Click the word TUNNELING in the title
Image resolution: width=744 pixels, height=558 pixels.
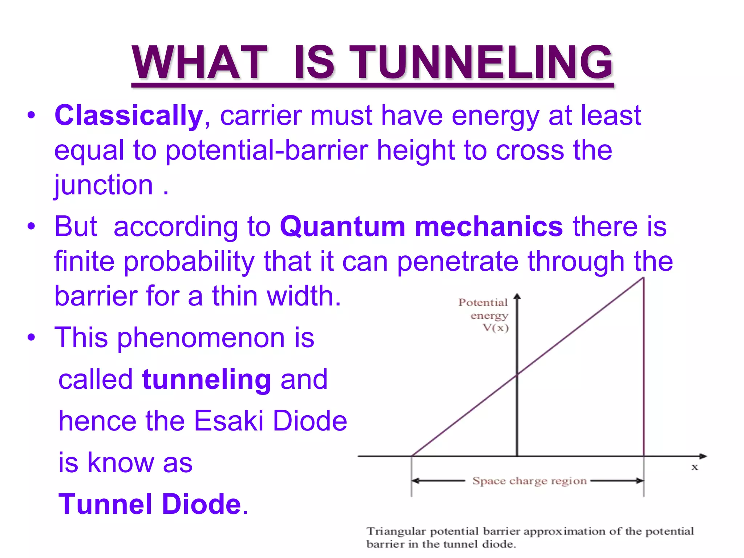(483, 62)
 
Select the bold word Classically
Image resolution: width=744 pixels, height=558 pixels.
(129, 116)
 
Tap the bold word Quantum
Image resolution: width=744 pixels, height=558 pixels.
(343, 226)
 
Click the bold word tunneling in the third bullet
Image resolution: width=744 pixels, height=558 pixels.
(207, 380)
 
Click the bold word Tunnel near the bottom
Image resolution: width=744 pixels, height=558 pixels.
(105, 504)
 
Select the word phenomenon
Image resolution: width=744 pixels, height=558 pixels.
(201, 338)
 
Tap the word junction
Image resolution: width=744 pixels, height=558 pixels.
(104, 185)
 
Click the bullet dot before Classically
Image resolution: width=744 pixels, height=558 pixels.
(32, 116)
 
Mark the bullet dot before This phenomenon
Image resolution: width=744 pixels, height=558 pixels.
(32, 337)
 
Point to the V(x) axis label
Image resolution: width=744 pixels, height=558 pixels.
(496, 328)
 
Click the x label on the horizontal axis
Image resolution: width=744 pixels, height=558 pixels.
(695, 468)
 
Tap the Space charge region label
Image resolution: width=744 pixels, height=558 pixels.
(529, 481)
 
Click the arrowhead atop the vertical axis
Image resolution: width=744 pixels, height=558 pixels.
(517, 296)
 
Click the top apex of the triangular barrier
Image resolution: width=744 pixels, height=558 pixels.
(643, 278)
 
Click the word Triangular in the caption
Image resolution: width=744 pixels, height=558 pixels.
(396, 531)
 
